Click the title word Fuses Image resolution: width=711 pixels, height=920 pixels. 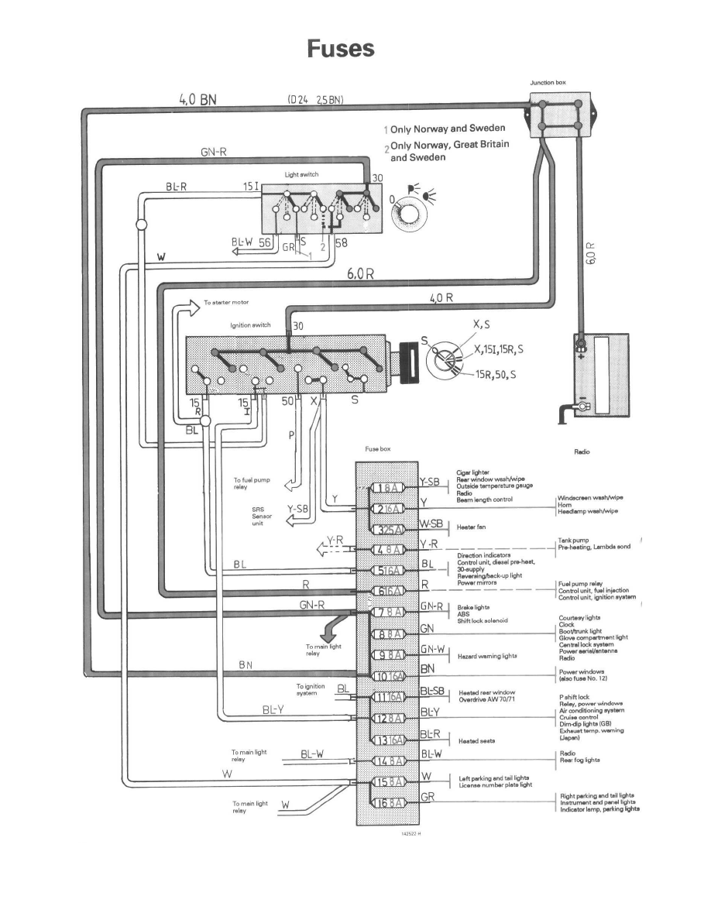coord(340,49)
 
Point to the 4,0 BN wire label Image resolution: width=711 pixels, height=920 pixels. coord(197,99)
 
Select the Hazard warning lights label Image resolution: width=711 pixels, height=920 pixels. coord(487,656)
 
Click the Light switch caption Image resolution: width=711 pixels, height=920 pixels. coord(301,175)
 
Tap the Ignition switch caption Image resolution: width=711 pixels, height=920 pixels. coord(250,325)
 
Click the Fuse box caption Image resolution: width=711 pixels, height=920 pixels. coord(378,449)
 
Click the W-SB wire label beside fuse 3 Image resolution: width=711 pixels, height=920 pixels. coord(431,524)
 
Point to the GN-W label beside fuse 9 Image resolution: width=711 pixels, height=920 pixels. coord(431,649)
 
